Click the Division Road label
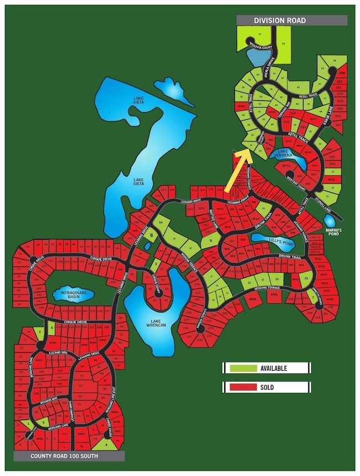pyautogui.click(x=280, y=21)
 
